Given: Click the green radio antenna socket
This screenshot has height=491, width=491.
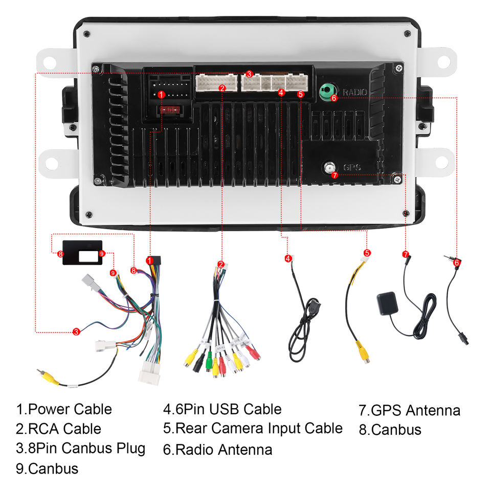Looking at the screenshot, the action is pyautogui.click(x=326, y=91).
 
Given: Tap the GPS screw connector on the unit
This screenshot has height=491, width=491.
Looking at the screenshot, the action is pyautogui.click(x=329, y=167).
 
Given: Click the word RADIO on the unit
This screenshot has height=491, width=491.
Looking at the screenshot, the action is pyautogui.click(x=354, y=93).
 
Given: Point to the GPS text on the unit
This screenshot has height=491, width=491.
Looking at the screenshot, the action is pyautogui.click(x=352, y=168).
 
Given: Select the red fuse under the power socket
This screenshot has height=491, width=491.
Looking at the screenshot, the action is pyautogui.click(x=169, y=110).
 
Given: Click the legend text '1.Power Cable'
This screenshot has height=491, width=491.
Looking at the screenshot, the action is pyautogui.click(x=64, y=409).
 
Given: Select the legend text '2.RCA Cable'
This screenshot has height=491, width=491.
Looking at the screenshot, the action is pyautogui.click(x=58, y=429).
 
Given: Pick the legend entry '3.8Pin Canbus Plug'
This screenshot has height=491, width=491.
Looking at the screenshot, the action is pyautogui.click(x=81, y=449).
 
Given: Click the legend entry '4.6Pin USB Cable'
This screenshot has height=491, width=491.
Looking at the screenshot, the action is pyautogui.click(x=222, y=409).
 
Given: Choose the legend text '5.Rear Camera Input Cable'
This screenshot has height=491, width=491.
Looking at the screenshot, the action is pyautogui.click(x=253, y=428).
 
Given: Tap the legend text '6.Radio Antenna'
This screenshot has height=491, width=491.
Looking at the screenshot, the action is pyautogui.click(x=217, y=450).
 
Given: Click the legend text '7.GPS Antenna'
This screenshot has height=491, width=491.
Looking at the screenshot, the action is pyautogui.click(x=409, y=410).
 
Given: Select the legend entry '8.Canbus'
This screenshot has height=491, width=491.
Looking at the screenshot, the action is pyautogui.click(x=390, y=430).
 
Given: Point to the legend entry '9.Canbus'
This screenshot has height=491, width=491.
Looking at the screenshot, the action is pyautogui.click(x=47, y=468).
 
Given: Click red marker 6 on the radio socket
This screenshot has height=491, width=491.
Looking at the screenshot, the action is pyautogui.click(x=334, y=98).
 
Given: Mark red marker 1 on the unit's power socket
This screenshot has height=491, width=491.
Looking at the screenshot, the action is pyautogui.click(x=161, y=94).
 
